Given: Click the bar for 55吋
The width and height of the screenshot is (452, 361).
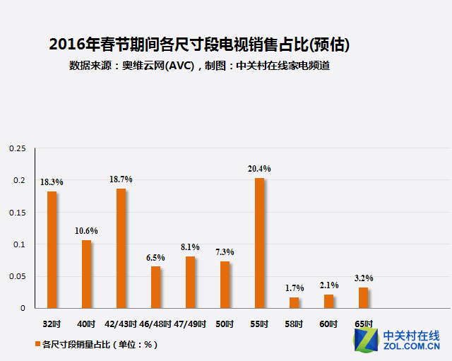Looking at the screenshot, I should (259, 243).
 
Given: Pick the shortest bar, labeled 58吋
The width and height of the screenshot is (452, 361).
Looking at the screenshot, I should (294, 302).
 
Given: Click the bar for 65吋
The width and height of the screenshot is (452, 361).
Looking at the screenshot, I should (363, 297).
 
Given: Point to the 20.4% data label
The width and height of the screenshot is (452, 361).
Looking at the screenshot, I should (259, 169).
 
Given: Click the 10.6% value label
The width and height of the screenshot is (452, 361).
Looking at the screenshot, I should (86, 231).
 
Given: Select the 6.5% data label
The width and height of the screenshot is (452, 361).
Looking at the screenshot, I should (155, 258).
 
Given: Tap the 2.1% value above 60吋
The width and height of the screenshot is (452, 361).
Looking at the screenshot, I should (328, 285).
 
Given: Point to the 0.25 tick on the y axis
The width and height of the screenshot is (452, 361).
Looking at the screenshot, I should (17, 148).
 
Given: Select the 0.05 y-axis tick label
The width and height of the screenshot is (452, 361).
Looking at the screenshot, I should (17, 276).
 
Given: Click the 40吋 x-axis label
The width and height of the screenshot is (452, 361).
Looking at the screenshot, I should (86, 324).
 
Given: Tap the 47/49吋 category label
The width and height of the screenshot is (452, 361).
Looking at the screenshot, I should (190, 324).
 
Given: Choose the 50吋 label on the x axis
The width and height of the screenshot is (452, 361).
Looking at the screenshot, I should (225, 324).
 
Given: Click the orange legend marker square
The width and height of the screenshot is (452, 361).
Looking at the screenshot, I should (38, 345).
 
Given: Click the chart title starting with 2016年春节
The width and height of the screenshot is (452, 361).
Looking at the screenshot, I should (199, 45).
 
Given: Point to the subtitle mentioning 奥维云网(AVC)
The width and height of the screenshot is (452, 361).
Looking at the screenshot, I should (200, 66).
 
